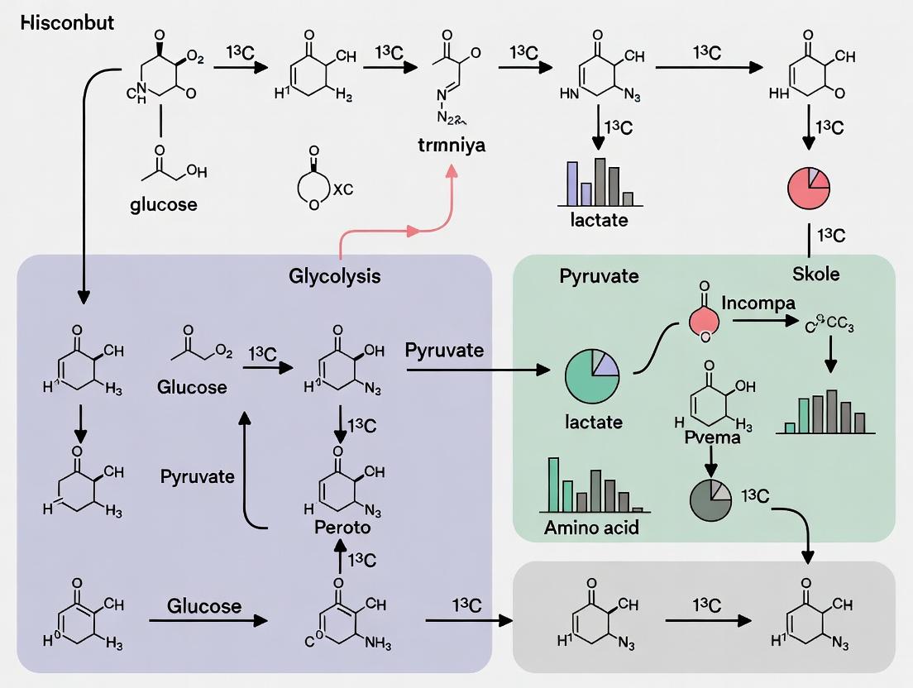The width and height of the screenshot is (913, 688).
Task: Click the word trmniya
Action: click(451, 145)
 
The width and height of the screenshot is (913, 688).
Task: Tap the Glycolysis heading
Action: click(335, 275)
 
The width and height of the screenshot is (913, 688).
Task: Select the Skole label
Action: click(815, 275)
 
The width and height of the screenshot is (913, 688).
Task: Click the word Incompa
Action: click(758, 303)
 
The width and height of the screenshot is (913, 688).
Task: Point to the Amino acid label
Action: click(591, 527)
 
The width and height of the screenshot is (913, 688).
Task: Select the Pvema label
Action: click(712, 437)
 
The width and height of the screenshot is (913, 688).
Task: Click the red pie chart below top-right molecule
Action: click(808, 188)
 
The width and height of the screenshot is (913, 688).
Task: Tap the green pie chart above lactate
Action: click(592, 376)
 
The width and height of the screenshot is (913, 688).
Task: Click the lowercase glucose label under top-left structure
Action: click(164, 204)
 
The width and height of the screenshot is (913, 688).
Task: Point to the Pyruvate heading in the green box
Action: click(599, 275)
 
